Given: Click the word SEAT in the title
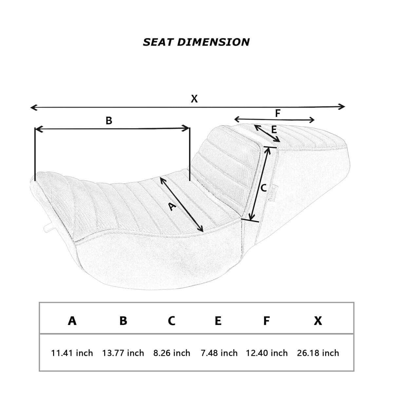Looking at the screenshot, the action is [x=158, y=42].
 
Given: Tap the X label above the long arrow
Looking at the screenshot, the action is [x=194, y=99].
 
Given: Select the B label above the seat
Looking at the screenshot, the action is [x=109, y=121].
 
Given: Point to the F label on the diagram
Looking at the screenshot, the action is [x=278, y=113].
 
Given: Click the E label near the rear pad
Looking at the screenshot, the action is [x=274, y=130].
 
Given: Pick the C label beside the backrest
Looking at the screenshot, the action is [x=264, y=188].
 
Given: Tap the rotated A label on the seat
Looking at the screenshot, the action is [x=172, y=206].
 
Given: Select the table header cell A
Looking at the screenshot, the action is [x=72, y=321].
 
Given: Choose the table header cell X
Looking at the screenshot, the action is [x=318, y=321].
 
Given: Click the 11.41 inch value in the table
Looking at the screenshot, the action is [x=72, y=353].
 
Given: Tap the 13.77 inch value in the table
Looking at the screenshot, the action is [x=123, y=353].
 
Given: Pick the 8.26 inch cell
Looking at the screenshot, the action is [x=172, y=353].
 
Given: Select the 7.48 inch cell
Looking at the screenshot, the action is [x=219, y=353].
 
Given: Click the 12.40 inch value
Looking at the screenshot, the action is [x=267, y=353].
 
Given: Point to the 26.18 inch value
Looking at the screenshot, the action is [x=318, y=353].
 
